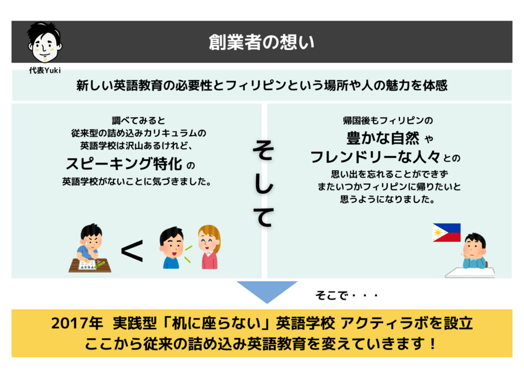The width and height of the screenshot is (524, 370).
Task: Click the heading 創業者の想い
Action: point(261,42)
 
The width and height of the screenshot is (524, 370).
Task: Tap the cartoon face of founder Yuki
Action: point(45,43)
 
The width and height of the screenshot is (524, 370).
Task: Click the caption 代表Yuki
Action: point(45,70)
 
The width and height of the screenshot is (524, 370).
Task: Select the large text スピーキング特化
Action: point(124,163)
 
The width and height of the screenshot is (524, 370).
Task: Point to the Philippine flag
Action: point(446,232)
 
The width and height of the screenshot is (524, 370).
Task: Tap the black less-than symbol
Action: point(132,251)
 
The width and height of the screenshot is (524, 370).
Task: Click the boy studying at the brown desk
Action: point(90,248)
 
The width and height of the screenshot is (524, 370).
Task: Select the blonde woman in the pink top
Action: point(209,247)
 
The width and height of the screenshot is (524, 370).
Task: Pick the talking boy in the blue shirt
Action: point(172,248)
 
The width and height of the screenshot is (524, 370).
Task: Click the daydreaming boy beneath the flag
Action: point(474,251)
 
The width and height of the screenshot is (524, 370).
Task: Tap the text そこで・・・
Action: point(346,295)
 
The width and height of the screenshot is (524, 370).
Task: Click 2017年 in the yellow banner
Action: point(77,323)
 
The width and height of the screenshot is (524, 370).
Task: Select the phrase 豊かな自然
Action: point(383,138)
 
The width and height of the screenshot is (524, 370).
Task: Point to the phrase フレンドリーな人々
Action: point(375,157)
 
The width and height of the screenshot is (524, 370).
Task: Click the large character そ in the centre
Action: point(264,150)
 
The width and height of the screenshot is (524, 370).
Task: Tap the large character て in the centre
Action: point(264,216)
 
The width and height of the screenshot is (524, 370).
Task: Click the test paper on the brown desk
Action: point(87,265)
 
